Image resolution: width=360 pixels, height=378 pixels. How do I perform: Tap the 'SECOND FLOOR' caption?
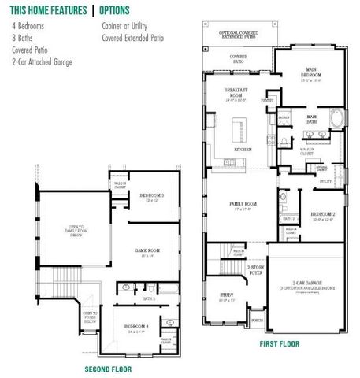(108, 368)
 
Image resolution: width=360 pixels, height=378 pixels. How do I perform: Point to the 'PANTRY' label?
(268, 101)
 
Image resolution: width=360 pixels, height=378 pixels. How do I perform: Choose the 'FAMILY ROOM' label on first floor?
(236, 203)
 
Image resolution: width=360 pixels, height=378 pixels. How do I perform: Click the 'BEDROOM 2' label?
(323, 214)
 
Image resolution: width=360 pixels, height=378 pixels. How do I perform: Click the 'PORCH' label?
(256, 321)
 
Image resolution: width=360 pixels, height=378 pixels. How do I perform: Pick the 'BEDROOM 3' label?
(151, 195)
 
